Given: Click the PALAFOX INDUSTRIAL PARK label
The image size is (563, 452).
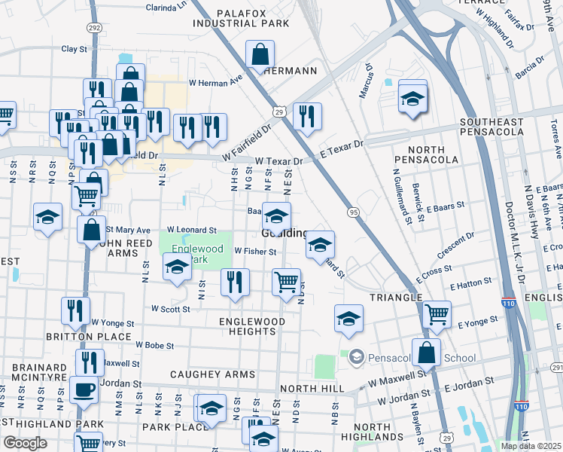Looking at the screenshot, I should coord(241,18).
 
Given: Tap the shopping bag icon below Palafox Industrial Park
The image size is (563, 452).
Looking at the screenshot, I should coord(260,54).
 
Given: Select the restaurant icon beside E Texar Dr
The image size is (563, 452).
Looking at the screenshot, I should coord(307,117).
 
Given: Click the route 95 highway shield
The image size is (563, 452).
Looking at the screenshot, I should coord(353,212).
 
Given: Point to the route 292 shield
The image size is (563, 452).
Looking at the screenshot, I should coord(93,27).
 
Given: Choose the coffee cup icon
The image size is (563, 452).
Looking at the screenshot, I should coord(84,390).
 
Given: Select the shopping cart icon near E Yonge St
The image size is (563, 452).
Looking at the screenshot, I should coord(437,314).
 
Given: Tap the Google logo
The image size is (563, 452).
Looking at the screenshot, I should coord(25,443).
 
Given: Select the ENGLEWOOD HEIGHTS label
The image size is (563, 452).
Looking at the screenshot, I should coord(252,326).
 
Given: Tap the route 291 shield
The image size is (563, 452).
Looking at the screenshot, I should coord(556,368).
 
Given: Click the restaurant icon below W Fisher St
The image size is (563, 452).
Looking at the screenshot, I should coord(235,282).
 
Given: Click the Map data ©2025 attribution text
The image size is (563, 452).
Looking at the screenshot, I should coord(531,446).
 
